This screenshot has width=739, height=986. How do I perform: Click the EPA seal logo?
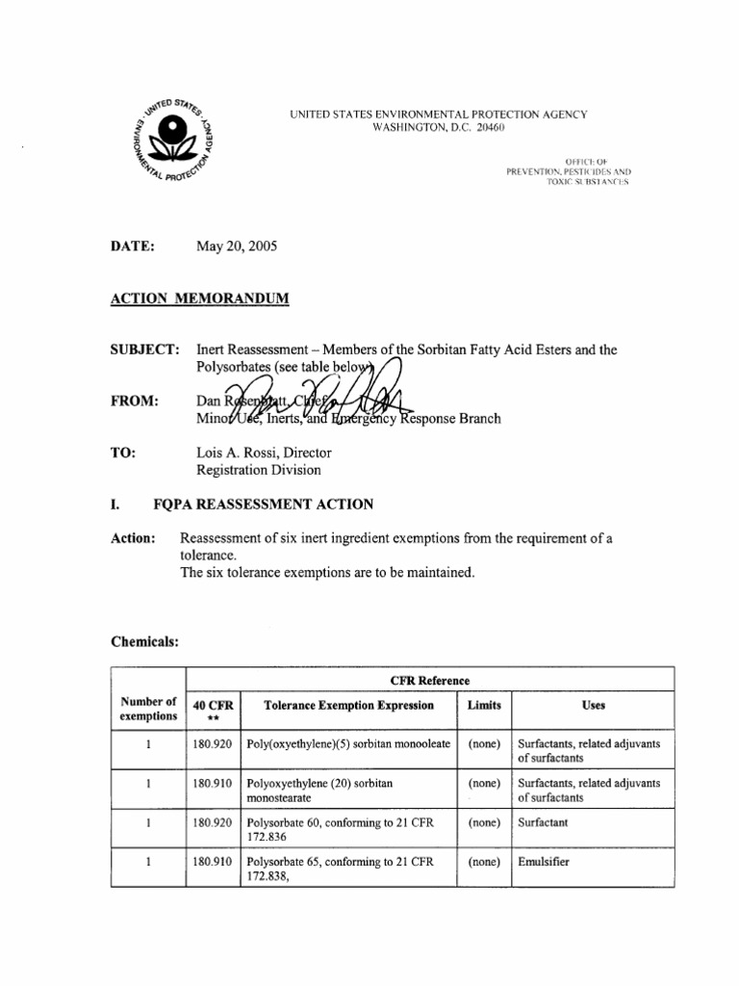[174, 139]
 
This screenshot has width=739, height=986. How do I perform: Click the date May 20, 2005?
[236, 246]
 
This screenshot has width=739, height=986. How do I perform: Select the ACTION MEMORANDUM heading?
[199, 298]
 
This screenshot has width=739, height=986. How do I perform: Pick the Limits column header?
[484, 706]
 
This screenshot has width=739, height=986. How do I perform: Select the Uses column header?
[594, 706]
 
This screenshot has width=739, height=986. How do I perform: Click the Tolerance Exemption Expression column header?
[348, 706]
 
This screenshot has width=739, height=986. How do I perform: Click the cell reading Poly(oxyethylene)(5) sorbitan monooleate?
[348, 744]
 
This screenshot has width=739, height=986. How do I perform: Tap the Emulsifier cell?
[543, 862]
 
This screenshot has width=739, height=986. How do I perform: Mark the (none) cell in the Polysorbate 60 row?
[484, 823]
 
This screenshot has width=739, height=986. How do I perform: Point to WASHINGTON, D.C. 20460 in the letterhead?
[438, 128]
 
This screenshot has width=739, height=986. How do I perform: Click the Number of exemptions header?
[148, 709]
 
